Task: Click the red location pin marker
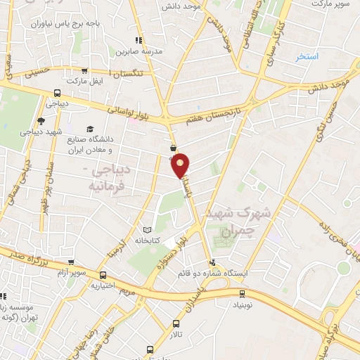(x=181, y=165)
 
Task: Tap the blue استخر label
(x=307, y=56)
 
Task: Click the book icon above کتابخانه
(x=147, y=229)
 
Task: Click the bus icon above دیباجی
(x=57, y=93)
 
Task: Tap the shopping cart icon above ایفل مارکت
(x=85, y=71)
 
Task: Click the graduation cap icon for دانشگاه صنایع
(x=89, y=129)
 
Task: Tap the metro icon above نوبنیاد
(x=242, y=292)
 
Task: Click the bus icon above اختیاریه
(x=103, y=275)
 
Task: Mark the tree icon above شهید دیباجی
(x=41, y=121)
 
